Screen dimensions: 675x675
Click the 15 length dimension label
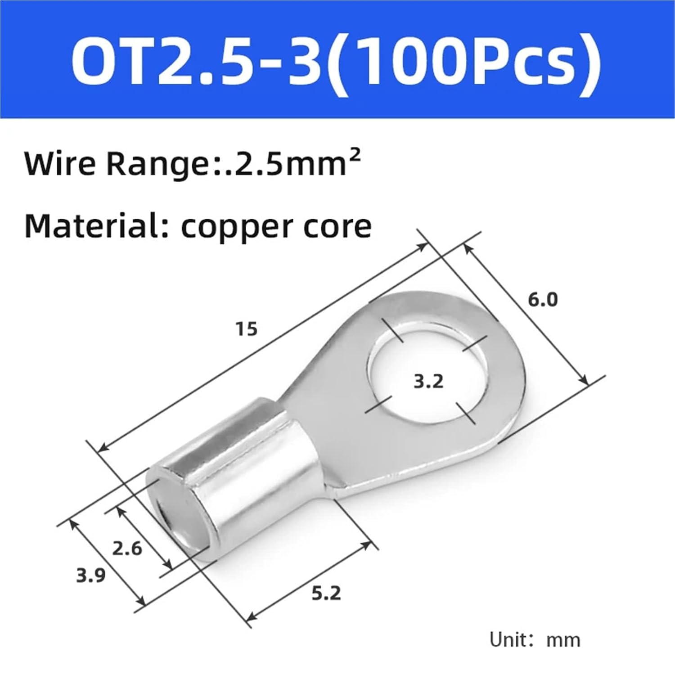tap(247, 329)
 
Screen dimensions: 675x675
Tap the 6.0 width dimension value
tap(542, 299)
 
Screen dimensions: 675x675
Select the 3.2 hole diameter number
tap(428, 382)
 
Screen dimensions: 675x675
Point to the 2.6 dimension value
tap(127, 549)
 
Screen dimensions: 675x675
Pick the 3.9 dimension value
tap(90, 575)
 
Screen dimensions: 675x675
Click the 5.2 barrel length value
tap(326, 594)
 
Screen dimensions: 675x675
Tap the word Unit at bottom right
tap(509, 639)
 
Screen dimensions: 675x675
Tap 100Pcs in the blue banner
tap(468, 59)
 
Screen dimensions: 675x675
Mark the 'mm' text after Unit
tap(563, 640)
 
